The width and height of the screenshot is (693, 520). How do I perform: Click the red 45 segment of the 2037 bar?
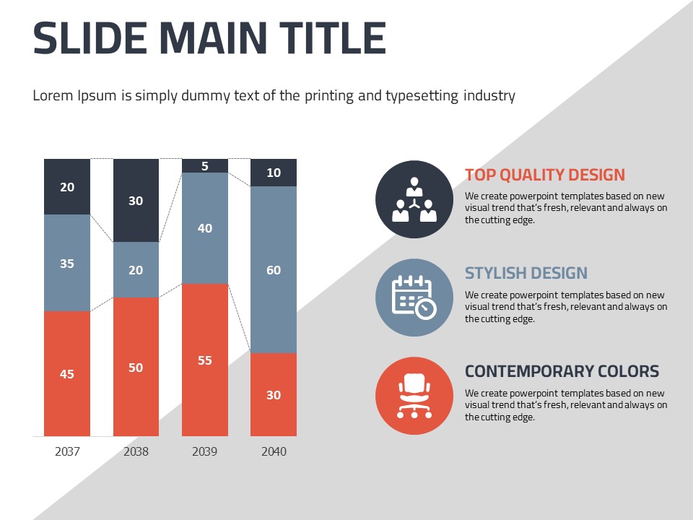(x=67, y=373)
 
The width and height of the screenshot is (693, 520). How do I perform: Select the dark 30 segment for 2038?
(x=136, y=200)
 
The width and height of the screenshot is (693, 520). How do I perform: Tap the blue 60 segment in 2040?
(x=274, y=269)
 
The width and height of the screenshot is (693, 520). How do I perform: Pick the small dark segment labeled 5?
(x=205, y=165)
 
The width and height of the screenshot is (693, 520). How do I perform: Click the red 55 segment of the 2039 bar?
(x=205, y=360)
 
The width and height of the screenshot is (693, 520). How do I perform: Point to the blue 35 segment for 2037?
(x=67, y=263)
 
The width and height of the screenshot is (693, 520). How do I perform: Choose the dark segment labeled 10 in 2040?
(x=274, y=173)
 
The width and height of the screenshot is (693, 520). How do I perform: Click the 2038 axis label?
(x=136, y=452)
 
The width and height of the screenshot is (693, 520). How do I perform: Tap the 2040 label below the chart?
(x=274, y=452)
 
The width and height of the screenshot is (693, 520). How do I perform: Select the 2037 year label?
(x=67, y=452)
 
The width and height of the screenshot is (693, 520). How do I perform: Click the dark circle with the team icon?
(x=414, y=199)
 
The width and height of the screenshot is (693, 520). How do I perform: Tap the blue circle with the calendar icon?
(x=414, y=298)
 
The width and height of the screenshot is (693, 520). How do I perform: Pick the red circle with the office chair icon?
(x=414, y=396)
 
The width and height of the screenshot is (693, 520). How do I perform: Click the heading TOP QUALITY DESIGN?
(x=545, y=175)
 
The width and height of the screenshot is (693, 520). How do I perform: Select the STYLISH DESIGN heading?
(x=526, y=273)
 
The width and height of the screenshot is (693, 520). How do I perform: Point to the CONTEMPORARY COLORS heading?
(x=562, y=371)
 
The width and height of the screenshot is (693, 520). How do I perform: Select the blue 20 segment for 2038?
(x=136, y=269)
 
